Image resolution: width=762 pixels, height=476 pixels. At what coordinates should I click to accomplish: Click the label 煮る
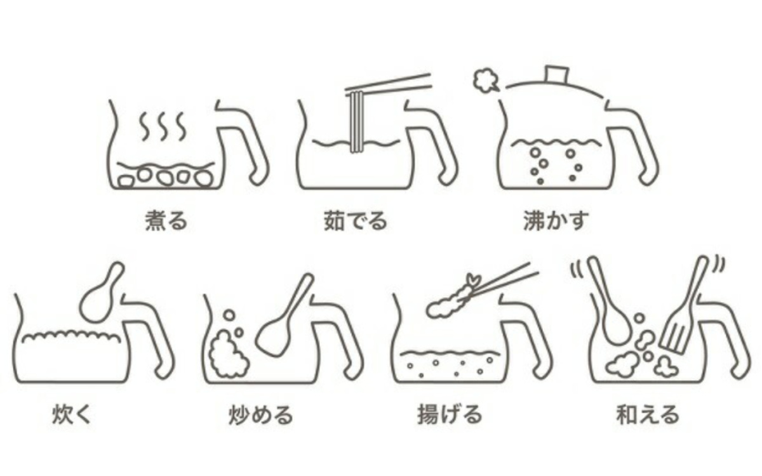[166, 221]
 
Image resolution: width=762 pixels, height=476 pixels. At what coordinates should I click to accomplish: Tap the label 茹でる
[356, 221]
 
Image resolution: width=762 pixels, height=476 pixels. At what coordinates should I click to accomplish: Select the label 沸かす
[556, 221]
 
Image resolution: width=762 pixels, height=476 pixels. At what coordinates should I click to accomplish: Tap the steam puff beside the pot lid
[485, 80]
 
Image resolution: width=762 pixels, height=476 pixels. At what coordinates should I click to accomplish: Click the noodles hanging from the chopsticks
[356, 121]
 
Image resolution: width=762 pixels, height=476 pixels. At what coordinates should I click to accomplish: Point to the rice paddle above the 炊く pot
[102, 293]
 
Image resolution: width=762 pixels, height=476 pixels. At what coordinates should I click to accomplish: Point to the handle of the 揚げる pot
[526, 336]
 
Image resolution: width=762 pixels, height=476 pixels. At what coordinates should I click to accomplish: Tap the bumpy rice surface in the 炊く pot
[71, 336]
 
